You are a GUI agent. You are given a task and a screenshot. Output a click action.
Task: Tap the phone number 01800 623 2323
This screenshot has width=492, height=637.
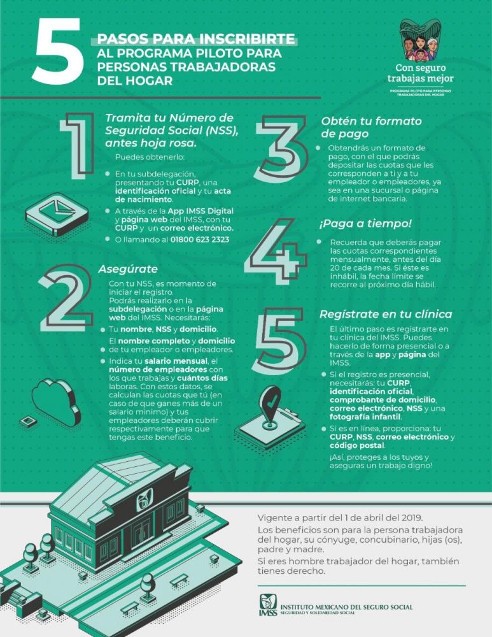pos(199,240)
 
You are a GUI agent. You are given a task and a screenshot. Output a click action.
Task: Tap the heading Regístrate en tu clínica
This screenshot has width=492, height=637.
pos(385,314)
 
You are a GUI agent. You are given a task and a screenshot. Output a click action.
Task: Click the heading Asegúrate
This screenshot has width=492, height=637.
pos(128,269)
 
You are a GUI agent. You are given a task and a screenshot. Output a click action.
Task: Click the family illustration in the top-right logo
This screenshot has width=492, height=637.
pos(421,40)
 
